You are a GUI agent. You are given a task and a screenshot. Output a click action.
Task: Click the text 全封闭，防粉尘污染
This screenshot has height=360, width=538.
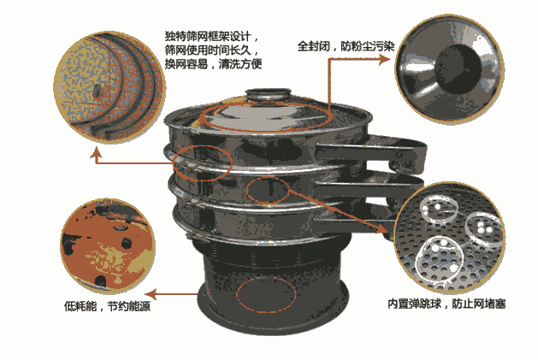pos(346,46)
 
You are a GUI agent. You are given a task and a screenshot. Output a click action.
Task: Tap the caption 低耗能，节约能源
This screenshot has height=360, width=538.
pos(108,306)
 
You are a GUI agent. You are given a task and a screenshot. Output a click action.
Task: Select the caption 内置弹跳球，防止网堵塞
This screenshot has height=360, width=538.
pos(446,304)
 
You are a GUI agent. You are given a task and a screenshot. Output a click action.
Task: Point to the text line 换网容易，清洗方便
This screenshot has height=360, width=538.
pos(213,64)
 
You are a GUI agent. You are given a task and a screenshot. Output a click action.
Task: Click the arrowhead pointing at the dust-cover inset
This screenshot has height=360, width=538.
pos(385,59)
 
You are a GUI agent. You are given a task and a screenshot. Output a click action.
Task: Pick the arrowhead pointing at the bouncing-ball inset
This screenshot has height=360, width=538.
pos(382,229)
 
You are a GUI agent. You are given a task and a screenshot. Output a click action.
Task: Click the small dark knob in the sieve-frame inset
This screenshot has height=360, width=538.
pos(98,91)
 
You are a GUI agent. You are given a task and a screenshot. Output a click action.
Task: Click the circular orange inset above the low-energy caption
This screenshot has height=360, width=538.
pos(108,246)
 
